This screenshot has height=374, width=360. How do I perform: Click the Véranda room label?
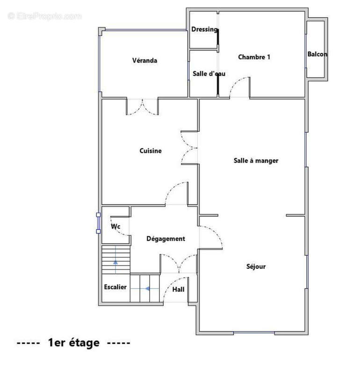(x=144, y=60)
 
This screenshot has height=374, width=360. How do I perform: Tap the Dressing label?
(x=204, y=29)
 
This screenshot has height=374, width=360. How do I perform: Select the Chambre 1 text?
(x=254, y=57)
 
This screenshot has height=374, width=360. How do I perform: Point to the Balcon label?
(x=317, y=54)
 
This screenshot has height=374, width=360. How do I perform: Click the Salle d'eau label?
(x=209, y=74)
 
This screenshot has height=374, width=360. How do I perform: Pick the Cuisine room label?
(x=151, y=151)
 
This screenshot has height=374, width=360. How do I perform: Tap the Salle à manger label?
(x=256, y=161)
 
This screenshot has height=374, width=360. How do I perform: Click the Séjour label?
(x=256, y=266)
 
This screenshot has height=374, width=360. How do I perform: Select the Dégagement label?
(x=166, y=239)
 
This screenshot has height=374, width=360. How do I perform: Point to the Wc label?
(x=115, y=226)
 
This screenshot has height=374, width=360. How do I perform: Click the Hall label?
(x=179, y=289)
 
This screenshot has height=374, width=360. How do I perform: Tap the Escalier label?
(x=115, y=287)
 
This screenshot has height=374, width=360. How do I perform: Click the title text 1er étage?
(x=74, y=343)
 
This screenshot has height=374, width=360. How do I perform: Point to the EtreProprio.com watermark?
(x=44, y=16)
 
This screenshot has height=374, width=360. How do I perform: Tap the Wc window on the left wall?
(x=98, y=223)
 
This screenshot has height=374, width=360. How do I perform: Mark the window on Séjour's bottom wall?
(x=254, y=332)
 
